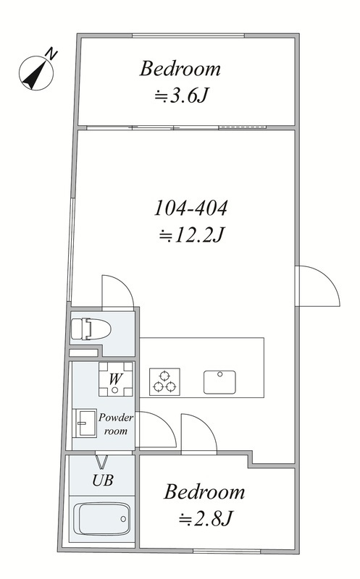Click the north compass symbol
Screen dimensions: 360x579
[35, 73]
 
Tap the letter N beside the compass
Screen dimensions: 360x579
[51, 54]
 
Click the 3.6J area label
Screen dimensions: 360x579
[182, 97]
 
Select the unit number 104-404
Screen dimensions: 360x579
[191, 208]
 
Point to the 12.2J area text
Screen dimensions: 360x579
[192, 234]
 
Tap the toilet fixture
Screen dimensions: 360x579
[91, 329]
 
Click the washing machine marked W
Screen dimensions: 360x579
[116, 379]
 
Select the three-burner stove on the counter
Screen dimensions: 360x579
[164, 382]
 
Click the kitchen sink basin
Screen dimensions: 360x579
[219, 382]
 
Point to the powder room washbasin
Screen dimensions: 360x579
[84, 423]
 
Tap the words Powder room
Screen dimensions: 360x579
[116, 424]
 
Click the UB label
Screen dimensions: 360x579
[103, 481]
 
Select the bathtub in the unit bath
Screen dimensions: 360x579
[101, 519]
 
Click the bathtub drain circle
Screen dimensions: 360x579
[123, 519]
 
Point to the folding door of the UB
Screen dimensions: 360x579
[102, 462]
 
